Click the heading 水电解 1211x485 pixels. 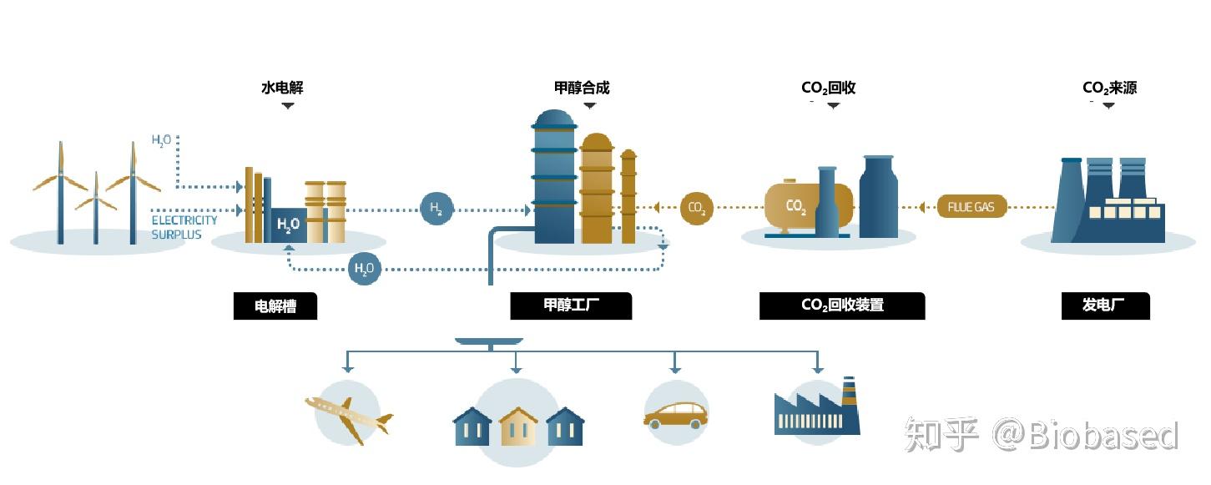pos(282,88)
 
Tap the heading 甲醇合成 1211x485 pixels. pos(582,88)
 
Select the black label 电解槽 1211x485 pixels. pos(275,306)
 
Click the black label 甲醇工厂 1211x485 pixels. pos(571,306)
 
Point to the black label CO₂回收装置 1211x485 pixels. pos(841,306)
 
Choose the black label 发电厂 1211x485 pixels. pos(1103,306)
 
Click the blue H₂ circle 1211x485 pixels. pos(436,209)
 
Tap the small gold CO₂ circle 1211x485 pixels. pos(697,209)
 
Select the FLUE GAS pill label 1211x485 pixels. pos(971,207)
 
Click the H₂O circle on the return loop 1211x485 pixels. pos(364,269)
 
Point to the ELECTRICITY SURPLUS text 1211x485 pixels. pos(184,227)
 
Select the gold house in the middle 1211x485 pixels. pos(517,426)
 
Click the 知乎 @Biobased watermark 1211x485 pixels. pos(1042,435)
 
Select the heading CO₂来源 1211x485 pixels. pos(1109,88)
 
